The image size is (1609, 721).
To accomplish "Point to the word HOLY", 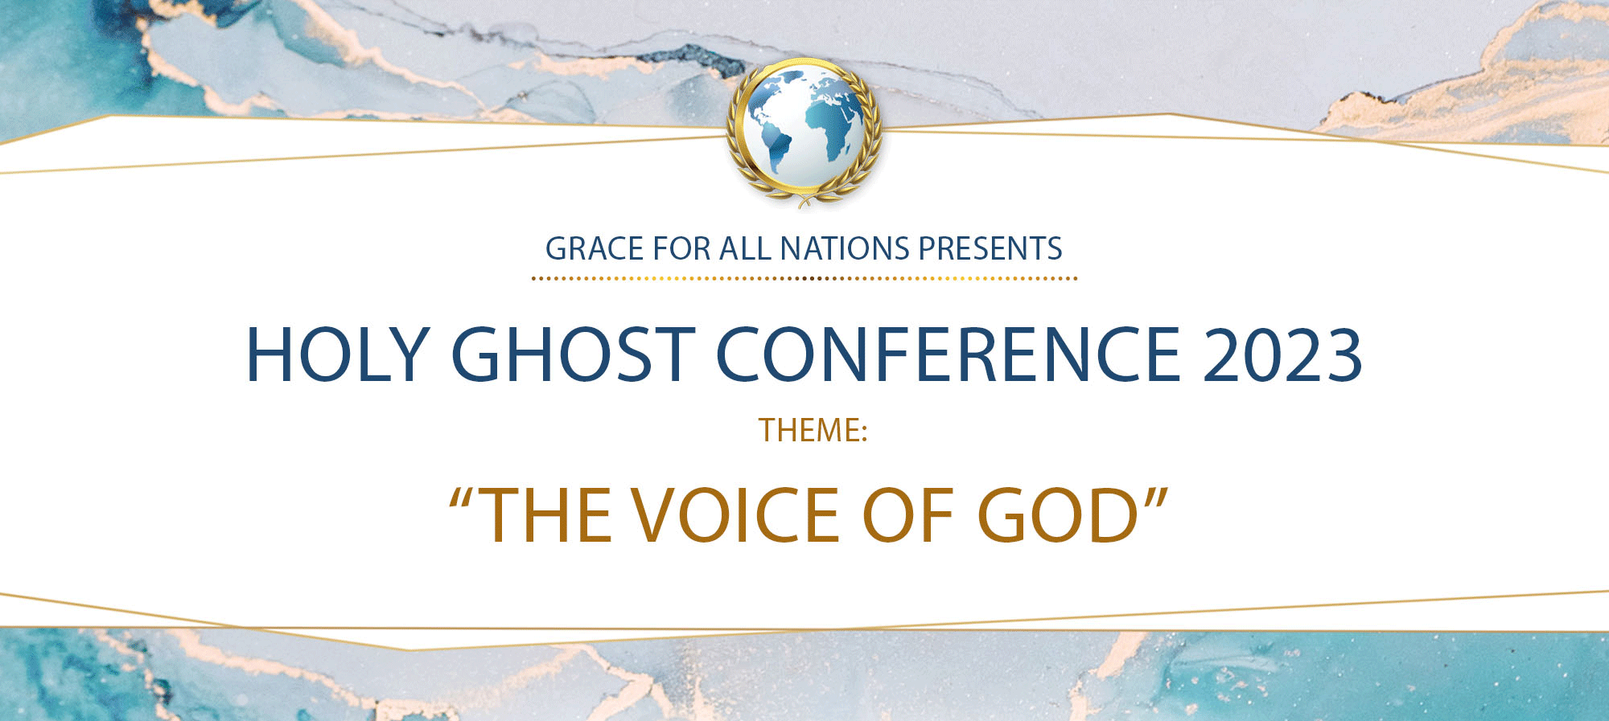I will click(336, 354).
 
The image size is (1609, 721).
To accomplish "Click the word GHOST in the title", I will click(573, 354).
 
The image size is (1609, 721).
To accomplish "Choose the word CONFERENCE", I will click(948, 354).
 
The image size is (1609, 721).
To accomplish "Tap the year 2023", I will click(1282, 354).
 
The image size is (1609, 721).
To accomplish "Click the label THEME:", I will click(813, 431).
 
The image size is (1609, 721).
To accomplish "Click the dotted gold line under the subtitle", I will click(804, 279).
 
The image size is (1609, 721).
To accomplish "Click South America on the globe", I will click(778, 148).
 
